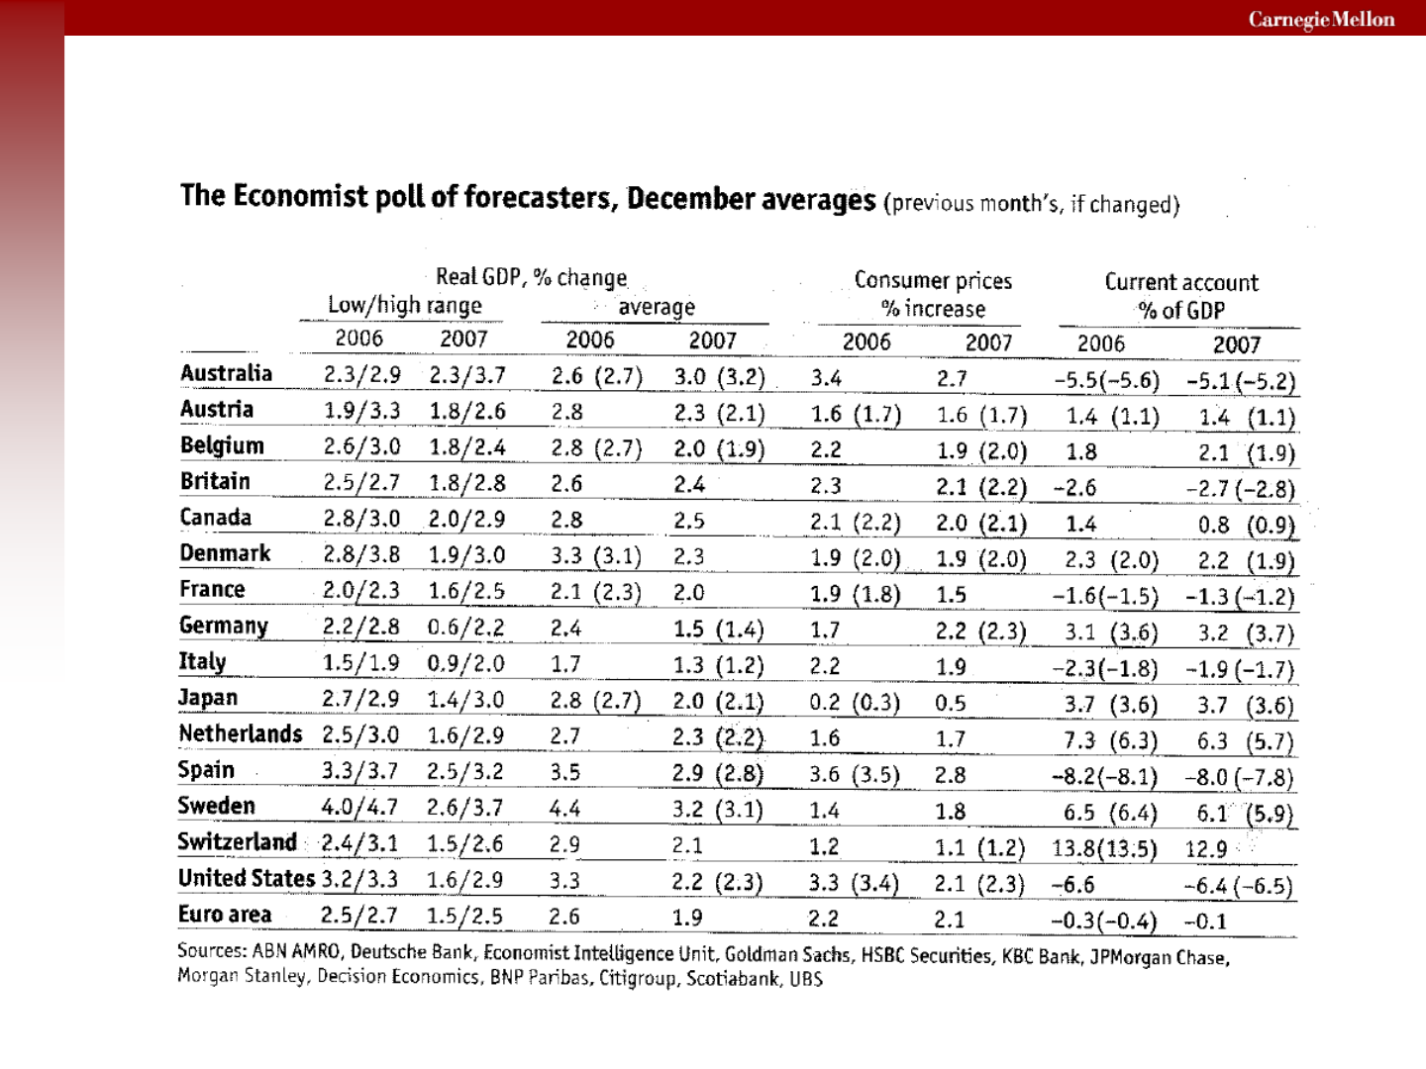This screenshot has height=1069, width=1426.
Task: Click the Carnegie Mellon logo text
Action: click(x=1321, y=20)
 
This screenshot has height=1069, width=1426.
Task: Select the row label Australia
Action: click(x=226, y=373)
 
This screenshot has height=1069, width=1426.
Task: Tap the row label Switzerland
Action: click(x=237, y=841)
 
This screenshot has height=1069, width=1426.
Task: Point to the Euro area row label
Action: click(x=225, y=914)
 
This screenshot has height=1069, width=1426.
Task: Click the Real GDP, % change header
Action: click(x=531, y=277)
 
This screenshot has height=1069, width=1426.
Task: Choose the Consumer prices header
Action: click(x=933, y=280)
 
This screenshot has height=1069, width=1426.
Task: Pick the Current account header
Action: click(x=1181, y=282)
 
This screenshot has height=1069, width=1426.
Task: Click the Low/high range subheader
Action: click(x=405, y=305)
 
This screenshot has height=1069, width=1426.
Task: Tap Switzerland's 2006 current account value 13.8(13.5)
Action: click(x=1104, y=848)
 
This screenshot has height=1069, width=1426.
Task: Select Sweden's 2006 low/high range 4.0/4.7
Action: click(x=359, y=807)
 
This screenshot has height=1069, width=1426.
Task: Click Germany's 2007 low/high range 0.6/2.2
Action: click(x=465, y=627)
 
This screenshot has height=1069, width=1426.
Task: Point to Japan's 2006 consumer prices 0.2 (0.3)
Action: click(x=855, y=703)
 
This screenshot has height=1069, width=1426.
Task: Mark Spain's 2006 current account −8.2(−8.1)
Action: click(x=1104, y=776)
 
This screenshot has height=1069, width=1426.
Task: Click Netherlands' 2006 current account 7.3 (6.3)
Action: click(x=1110, y=740)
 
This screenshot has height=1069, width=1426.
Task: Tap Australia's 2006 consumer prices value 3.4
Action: click(x=826, y=378)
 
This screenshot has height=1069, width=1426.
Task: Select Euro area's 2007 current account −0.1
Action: click(x=1206, y=922)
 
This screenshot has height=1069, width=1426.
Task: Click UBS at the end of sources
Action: click(x=806, y=979)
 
